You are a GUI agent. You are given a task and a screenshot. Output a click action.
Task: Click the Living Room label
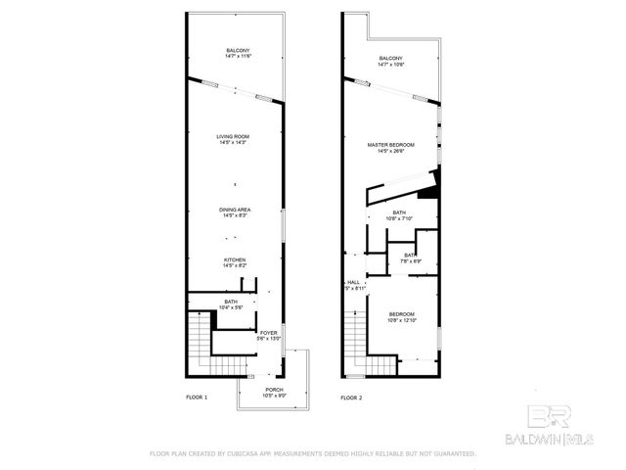click(234, 139)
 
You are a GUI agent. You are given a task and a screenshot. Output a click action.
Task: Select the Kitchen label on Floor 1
click(234, 261)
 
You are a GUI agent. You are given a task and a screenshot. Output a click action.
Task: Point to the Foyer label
click(269, 336)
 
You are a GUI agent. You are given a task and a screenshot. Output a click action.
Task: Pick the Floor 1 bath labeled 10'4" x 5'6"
click(231, 305)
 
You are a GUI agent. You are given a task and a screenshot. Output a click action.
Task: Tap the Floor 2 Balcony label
click(391, 63)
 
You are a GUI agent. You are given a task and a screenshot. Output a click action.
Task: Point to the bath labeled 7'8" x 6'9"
click(411, 258)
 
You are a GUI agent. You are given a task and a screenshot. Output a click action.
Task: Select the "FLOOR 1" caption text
click(198, 398)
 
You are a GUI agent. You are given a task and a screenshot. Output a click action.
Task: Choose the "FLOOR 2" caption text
click(351, 398)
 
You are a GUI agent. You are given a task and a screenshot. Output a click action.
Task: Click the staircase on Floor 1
click(200, 343)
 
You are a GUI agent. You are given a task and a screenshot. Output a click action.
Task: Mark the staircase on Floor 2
click(353, 343)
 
